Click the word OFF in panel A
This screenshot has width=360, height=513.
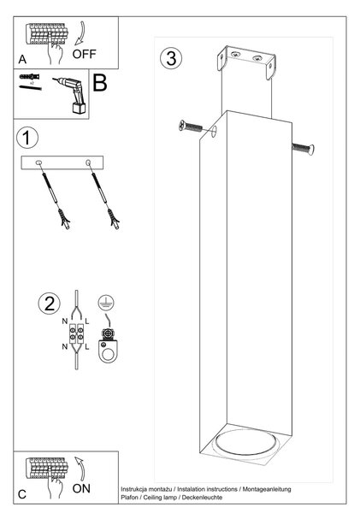84,54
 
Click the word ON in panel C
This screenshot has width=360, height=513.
81,488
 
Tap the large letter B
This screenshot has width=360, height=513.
100,83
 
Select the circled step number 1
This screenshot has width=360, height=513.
27,138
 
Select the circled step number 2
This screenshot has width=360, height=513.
50,304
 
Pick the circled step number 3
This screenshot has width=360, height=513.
171,58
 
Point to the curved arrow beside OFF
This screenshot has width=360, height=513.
80,33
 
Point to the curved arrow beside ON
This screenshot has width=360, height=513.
80,469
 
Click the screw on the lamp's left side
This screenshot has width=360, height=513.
190,126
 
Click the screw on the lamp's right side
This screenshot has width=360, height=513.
303,149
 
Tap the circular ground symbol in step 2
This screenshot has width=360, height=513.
106,303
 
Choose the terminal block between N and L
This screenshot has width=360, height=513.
75,334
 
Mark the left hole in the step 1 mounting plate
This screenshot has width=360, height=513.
38,162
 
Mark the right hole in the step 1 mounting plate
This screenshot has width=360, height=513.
88,162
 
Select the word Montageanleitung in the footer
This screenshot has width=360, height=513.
267,489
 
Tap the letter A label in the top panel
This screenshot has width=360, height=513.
22,59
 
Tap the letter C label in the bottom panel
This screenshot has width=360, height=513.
22,494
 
